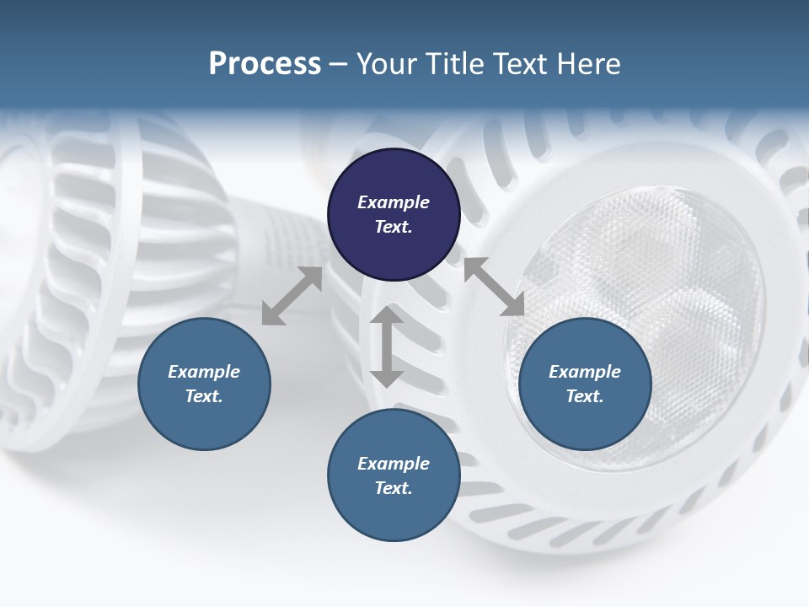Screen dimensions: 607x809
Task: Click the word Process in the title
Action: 265,64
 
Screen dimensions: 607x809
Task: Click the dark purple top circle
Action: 394,214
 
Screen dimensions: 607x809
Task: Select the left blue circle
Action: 204,384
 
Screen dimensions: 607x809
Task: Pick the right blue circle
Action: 585,384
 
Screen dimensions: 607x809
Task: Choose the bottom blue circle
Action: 394,475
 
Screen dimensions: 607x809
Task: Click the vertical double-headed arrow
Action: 387,346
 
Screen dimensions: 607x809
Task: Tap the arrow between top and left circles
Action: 292,297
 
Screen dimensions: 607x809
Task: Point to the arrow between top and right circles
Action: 494,287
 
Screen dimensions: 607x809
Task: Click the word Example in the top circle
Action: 394,202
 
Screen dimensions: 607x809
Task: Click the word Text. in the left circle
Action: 204,396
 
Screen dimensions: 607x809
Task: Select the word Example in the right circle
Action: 585,372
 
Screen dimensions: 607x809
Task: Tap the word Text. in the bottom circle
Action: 394,488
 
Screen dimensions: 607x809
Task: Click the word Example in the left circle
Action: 204,372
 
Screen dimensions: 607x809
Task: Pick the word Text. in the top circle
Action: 394,227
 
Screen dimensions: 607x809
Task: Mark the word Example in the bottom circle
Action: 394,464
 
